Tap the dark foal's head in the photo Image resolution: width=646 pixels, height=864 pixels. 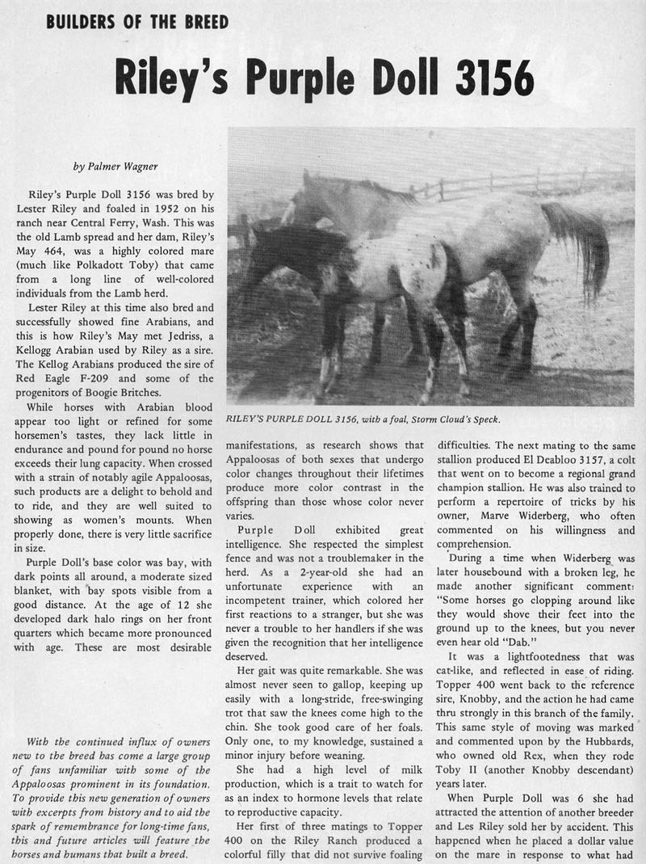[x=262, y=247]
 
